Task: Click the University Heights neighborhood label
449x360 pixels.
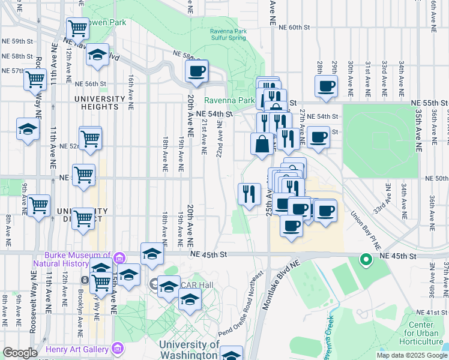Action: [x=96, y=103]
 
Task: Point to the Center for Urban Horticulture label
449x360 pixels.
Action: [x=423, y=337]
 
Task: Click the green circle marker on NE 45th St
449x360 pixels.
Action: [x=365, y=260]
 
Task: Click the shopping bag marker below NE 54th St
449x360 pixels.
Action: [x=262, y=144]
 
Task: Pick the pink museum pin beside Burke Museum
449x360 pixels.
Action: [x=119, y=257]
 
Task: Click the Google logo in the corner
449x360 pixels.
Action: [x=20, y=353]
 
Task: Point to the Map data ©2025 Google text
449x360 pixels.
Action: [x=412, y=355]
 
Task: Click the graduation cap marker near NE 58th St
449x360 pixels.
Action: [x=97, y=56]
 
